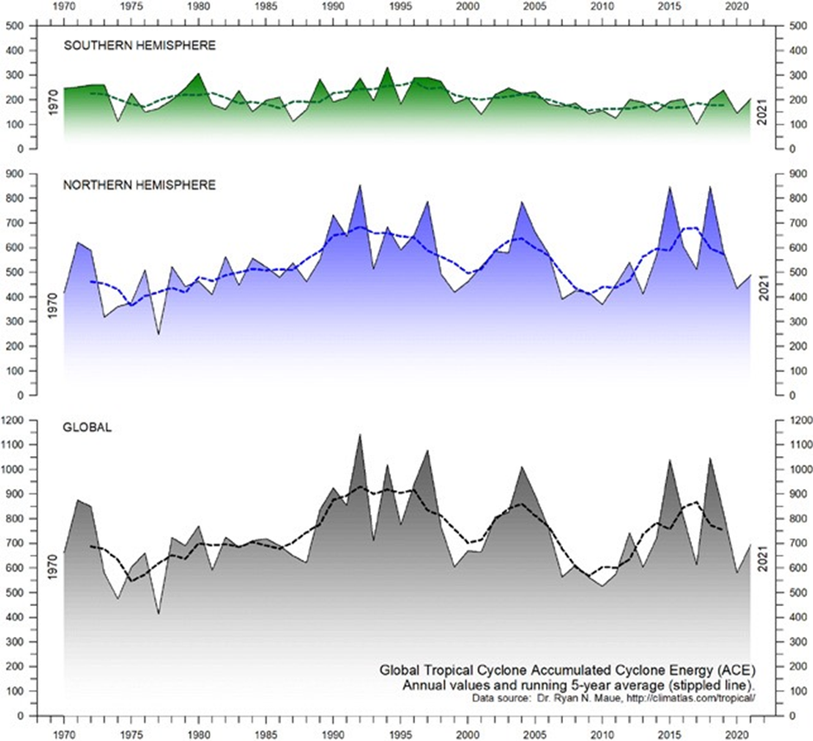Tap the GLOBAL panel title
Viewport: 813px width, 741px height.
(x=88, y=427)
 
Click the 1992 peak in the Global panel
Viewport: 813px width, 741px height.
(x=360, y=435)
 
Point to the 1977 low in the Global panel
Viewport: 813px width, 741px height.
(x=158, y=613)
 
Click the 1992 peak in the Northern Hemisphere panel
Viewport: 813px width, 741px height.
(x=360, y=185)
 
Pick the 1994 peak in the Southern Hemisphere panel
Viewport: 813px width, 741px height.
(x=387, y=68)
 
